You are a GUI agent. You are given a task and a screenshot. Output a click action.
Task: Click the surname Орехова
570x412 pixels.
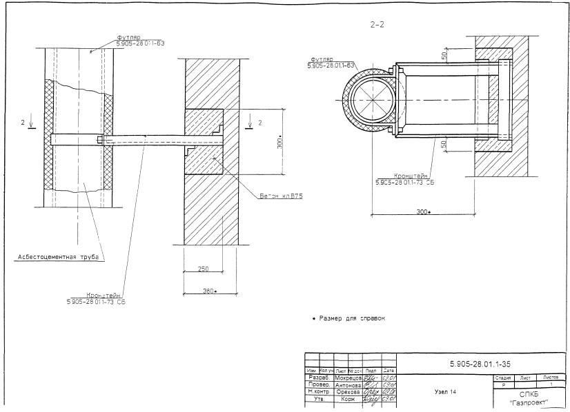pos(348,392)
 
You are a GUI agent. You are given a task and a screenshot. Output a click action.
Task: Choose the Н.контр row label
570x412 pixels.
pos(319,392)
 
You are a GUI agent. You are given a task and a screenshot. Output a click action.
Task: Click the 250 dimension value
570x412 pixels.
pos(202,268)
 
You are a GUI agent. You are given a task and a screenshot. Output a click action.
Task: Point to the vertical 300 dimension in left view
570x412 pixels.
pos(279,143)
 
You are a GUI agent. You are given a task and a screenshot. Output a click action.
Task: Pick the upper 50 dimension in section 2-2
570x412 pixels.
pos(444,54)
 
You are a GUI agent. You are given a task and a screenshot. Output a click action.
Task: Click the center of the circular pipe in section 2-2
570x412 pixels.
pos(374,101)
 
